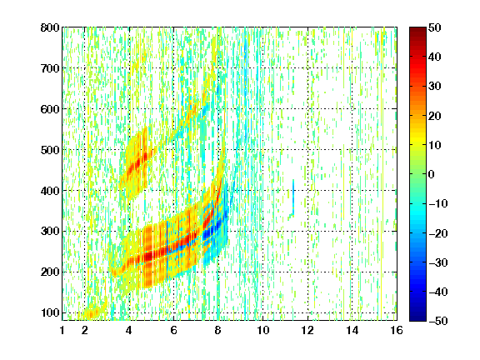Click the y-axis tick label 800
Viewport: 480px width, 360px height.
click(x=50, y=27)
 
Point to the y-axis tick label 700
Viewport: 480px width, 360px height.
click(x=50, y=68)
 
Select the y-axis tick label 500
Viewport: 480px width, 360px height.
click(x=50, y=150)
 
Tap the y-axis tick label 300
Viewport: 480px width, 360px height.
click(x=50, y=231)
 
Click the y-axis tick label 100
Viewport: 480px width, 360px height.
click(x=50, y=312)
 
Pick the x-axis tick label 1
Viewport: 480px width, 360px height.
click(x=62, y=330)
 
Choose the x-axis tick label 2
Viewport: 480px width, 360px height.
click(x=85, y=330)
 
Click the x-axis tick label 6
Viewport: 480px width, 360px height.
click(x=173, y=330)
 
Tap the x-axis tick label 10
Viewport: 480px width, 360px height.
click(x=262, y=330)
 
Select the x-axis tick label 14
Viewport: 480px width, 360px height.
click(x=352, y=330)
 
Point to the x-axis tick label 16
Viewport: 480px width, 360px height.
click(x=397, y=330)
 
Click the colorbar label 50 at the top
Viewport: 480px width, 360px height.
click(x=434, y=27)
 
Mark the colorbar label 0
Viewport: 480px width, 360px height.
click(x=432, y=174)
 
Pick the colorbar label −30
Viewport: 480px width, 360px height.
click(x=438, y=262)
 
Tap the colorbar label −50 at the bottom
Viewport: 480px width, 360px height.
click(x=438, y=321)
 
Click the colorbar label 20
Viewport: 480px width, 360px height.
click(x=434, y=116)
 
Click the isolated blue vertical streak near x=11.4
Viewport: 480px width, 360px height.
click(x=293, y=196)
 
